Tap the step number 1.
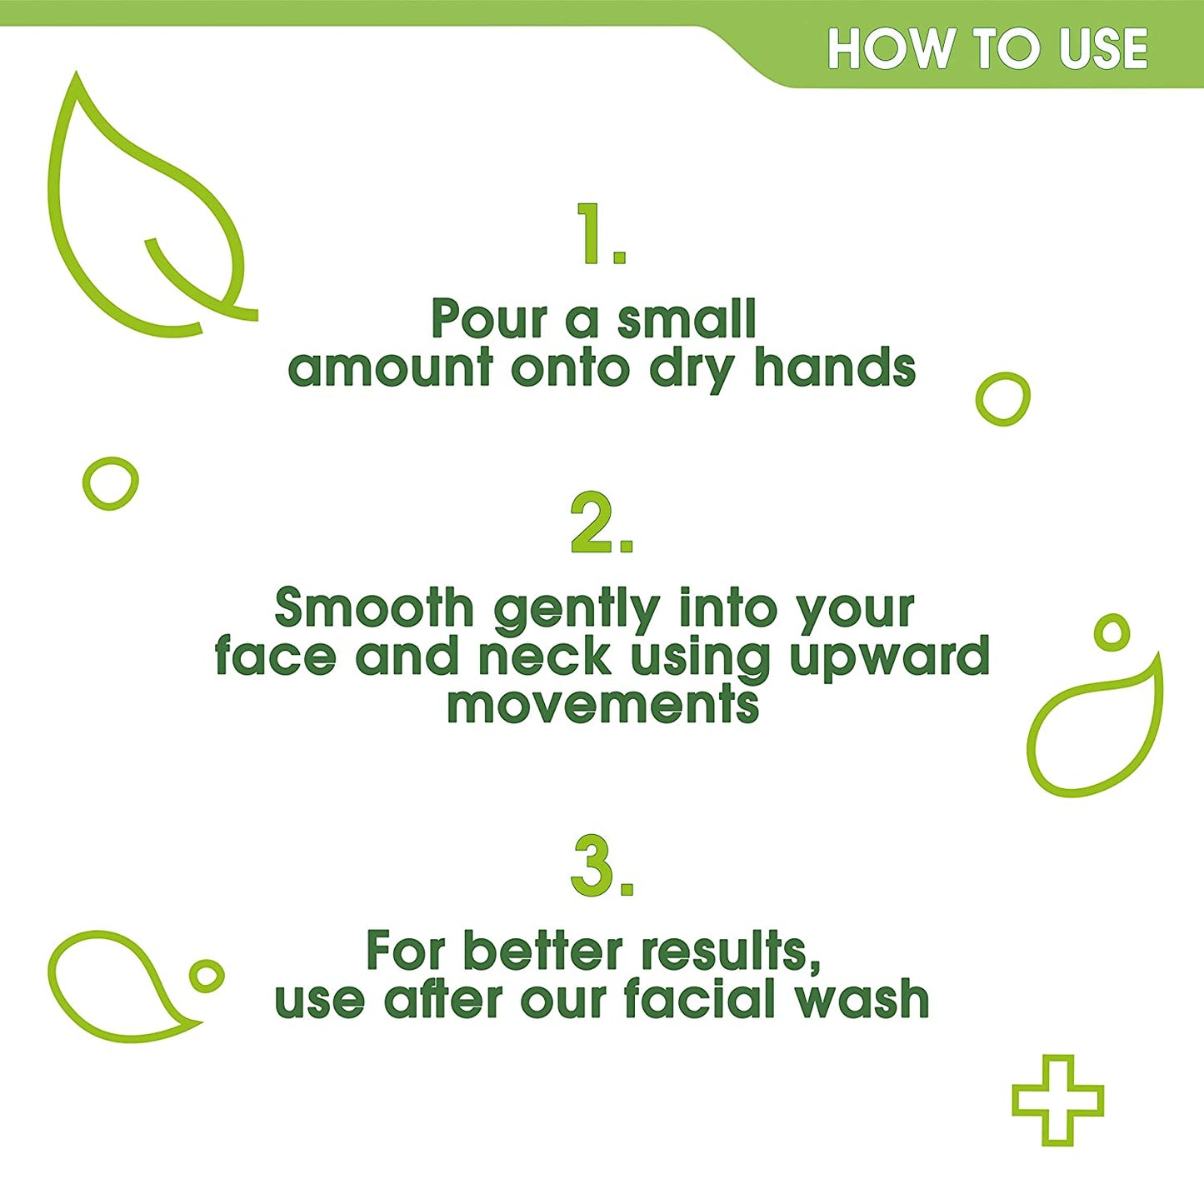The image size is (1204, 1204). click(x=600, y=234)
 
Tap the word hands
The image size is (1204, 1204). click(x=834, y=367)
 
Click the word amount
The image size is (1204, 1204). click(x=390, y=367)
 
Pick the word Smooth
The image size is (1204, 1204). click(x=374, y=607)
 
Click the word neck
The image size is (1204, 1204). click(x=544, y=657)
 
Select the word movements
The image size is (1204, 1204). click(x=602, y=705)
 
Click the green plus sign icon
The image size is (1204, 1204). click(x=1057, y=1099)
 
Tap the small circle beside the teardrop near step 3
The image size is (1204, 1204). click(x=207, y=975)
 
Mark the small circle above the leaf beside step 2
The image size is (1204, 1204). click(x=1112, y=632)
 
